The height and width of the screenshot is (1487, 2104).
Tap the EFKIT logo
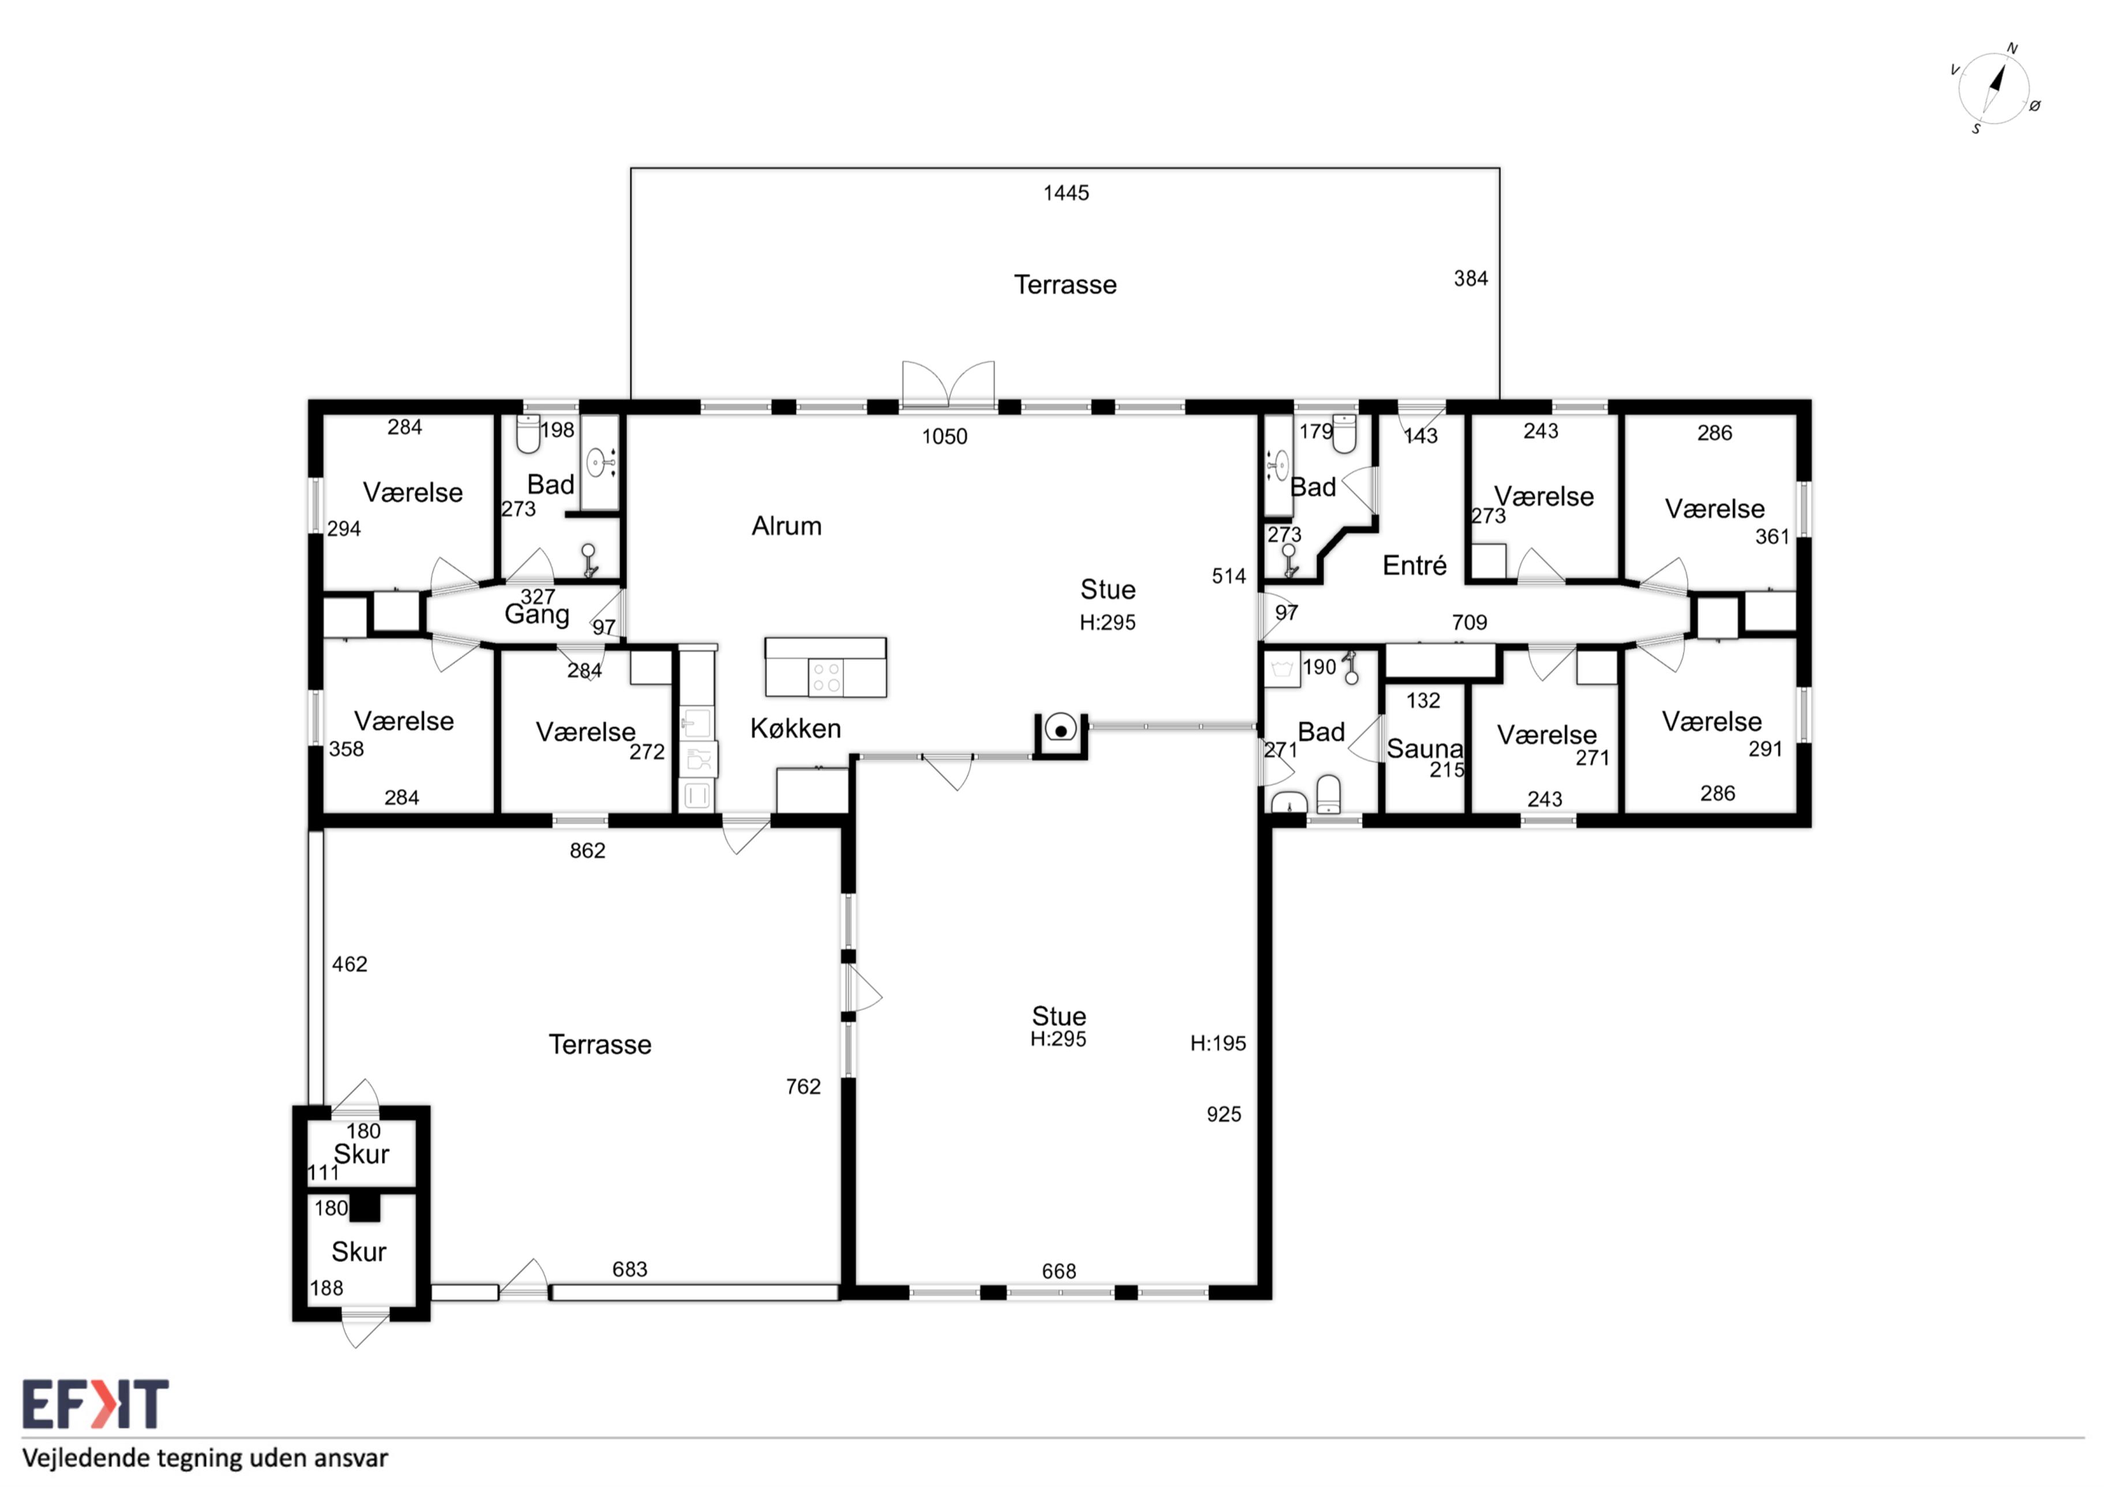tap(95, 1405)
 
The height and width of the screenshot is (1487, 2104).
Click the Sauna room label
tap(1425, 748)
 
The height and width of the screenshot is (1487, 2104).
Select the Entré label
tap(1414, 565)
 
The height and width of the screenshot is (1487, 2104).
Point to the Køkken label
tap(795, 728)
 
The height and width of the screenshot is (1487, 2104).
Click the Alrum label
tap(786, 526)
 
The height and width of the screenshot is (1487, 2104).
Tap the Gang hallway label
tap(537, 615)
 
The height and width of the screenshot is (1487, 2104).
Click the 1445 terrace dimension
tap(1066, 193)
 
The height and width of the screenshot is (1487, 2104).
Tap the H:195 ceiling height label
tap(1218, 1042)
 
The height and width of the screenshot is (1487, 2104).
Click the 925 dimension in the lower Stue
tap(1223, 1114)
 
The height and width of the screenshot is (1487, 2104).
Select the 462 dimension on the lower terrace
tap(349, 964)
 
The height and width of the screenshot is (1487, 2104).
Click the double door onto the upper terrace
tap(948, 385)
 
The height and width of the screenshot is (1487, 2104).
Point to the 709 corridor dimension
tap(1469, 622)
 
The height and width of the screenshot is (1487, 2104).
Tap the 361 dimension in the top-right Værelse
tap(1771, 537)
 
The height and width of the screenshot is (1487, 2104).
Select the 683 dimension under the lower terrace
tap(630, 1269)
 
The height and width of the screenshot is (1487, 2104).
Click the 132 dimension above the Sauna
tap(1423, 701)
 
